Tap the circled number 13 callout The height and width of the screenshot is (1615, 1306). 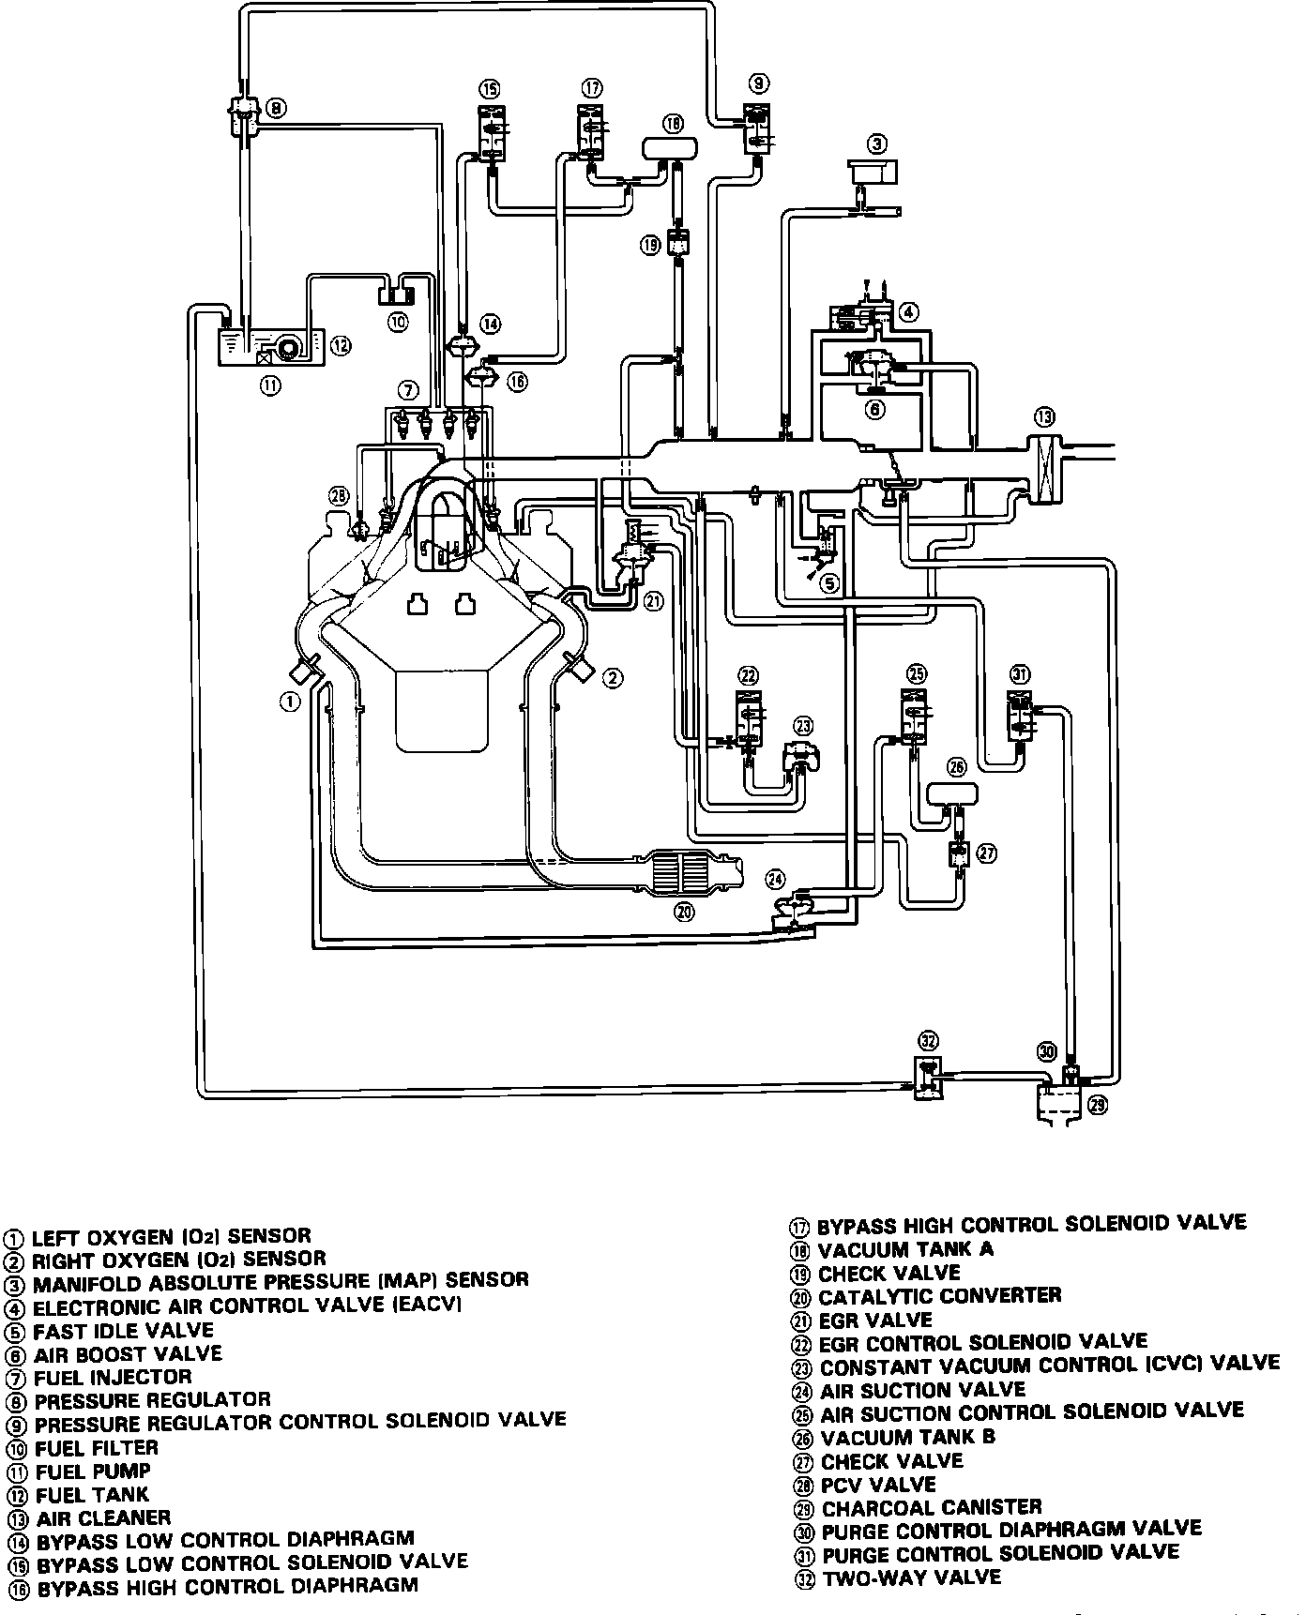[x=1044, y=416]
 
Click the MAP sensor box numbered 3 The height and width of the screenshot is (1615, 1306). [x=872, y=172]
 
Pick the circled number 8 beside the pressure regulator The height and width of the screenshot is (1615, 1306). [x=277, y=107]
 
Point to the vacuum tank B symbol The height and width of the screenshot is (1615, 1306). [x=953, y=793]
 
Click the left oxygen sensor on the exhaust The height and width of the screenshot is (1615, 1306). [x=305, y=670]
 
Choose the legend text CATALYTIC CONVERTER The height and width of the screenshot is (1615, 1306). [x=939, y=1296]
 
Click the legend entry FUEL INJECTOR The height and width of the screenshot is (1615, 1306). [x=113, y=1377]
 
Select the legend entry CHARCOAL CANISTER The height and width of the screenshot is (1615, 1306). [x=932, y=1508]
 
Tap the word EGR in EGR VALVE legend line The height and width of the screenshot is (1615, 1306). [x=839, y=1321]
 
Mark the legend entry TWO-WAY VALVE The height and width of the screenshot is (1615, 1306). [x=911, y=1577]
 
